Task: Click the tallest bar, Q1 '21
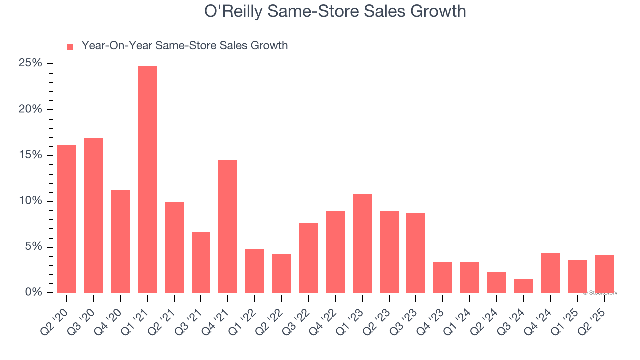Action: [147, 180]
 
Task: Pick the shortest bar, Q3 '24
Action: [523, 286]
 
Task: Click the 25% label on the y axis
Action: [30, 63]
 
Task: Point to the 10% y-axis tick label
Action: [30, 201]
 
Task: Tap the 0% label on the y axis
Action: [33, 292]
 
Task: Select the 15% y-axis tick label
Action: [30, 155]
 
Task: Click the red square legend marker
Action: [70, 47]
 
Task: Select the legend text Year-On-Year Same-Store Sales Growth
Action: [185, 46]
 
